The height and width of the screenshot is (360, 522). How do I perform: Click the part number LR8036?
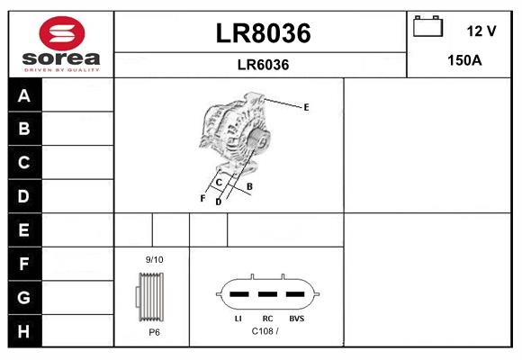click(x=264, y=33)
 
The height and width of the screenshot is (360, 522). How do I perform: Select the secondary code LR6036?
click(x=263, y=65)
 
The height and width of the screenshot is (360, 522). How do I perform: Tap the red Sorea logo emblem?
click(x=62, y=33)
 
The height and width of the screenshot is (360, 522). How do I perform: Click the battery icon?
click(x=427, y=26)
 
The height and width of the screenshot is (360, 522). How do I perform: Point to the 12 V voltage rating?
click(x=481, y=31)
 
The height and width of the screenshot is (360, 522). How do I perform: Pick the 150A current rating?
click(x=464, y=60)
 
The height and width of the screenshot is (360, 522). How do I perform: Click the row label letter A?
click(x=24, y=96)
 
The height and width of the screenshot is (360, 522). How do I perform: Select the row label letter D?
click(x=23, y=196)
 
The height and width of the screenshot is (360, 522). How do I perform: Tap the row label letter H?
click(x=23, y=331)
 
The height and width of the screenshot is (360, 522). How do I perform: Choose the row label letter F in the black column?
click(x=23, y=264)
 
